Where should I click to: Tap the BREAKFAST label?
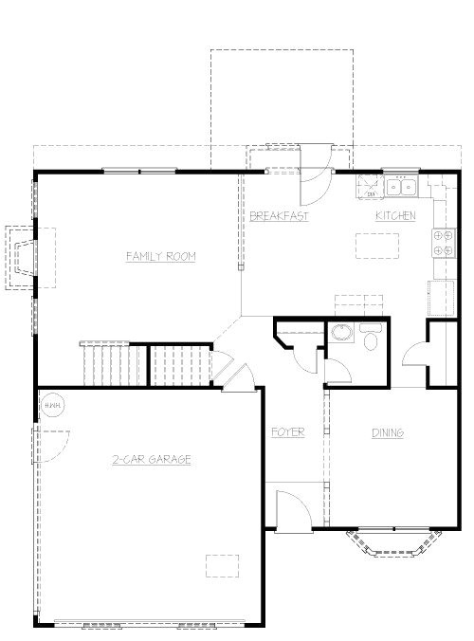click(279, 216)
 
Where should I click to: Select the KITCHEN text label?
click(395, 216)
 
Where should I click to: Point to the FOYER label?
click(287, 432)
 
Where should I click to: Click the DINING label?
click(387, 432)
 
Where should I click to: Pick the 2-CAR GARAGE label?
click(152, 460)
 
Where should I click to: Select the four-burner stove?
click(442, 244)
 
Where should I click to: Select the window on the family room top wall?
click(139, 171)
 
